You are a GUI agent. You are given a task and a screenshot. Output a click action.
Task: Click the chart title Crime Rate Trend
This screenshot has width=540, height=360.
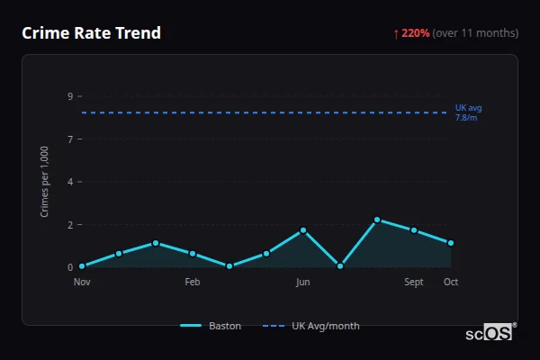(91, 33)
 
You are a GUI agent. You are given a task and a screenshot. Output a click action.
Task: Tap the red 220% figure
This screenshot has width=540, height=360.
(416, 33)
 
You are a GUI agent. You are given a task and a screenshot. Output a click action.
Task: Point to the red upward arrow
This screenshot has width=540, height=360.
(396, 33)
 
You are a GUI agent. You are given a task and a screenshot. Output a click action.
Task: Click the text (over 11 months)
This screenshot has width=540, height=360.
(475, 33)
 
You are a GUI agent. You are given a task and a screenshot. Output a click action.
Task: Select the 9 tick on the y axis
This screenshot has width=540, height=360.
(69, 96)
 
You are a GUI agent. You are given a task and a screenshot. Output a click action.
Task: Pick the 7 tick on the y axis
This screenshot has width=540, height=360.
(69, 139)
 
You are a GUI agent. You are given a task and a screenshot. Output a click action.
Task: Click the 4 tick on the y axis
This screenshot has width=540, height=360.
(69, 182)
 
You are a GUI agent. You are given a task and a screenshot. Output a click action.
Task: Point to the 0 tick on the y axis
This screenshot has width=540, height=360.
(69, 267)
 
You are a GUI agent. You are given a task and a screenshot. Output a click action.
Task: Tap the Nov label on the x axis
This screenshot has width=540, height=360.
(82, 282)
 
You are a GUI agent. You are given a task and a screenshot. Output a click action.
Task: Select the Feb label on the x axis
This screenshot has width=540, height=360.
(193, 282)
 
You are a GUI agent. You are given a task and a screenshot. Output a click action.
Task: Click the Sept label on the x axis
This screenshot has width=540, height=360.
(414, 282)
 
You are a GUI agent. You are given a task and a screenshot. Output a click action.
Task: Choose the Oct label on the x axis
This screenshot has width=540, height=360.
(451, 282)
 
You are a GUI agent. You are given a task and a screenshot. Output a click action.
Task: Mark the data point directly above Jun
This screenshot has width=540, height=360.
(303, 230)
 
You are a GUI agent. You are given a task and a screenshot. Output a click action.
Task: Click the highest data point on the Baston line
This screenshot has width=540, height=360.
(377, 220)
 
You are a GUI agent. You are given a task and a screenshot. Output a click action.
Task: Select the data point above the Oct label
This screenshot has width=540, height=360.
(451, 243)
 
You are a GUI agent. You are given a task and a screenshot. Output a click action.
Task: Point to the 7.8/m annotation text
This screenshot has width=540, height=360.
(466, 118)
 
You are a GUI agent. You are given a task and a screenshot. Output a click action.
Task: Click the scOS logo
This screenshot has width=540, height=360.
(490, 333)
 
